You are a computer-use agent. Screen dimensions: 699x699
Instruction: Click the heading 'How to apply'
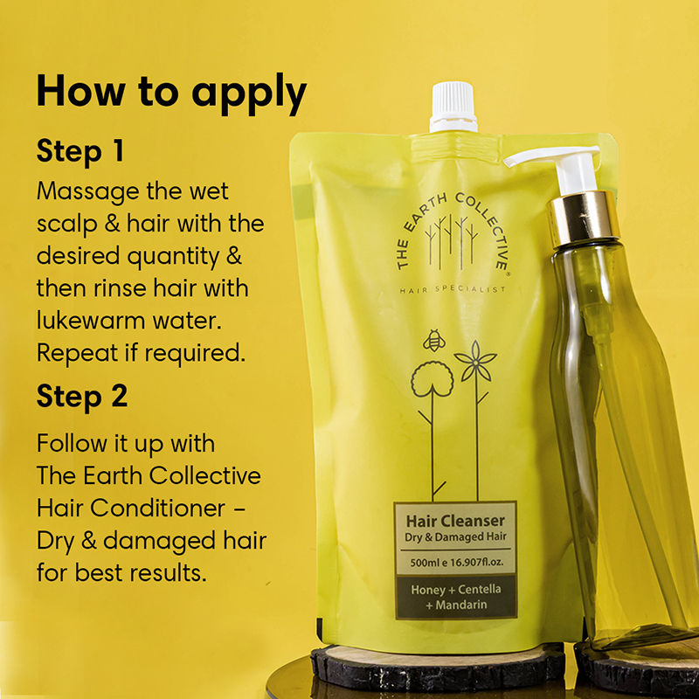[x=171, y=93]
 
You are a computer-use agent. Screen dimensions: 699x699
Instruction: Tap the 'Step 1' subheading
[x=80, y=151]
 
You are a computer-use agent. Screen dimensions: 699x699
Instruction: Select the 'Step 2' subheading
[x=82, y=397]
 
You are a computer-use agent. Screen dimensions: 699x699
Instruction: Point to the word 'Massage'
[x=88, y=192]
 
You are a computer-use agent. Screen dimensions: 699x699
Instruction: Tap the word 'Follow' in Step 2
[x=72, y=444]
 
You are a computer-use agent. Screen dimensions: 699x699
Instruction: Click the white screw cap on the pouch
[x=453, y=107]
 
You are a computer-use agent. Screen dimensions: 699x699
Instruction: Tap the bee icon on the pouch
[x=433, y=341]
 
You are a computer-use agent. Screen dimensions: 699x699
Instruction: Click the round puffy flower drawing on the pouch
[x=432, y=379]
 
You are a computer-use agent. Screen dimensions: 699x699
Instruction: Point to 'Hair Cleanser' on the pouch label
[x=455, y=521]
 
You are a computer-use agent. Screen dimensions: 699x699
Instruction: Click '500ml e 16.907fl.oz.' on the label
[x=456, y=562]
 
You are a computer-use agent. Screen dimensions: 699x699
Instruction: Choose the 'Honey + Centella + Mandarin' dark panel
[x=456, y=597]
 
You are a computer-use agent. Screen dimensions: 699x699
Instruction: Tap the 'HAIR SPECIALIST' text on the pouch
[x=453, y=290]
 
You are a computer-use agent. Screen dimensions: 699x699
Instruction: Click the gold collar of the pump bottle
[x=583, y=219]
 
